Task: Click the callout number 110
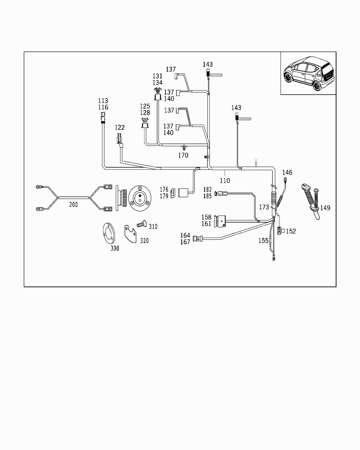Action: (x=225, y=180)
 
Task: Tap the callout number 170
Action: (x=183, y=155)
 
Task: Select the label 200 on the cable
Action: (x=73, y=204)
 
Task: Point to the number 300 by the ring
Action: (x=115, y=248)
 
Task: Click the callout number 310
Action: (x=153, y=227)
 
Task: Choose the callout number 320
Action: (x=144, y=240)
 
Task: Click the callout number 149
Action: (x=325, y=208)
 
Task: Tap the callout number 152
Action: (x=291, y=231)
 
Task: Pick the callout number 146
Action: (x=287, y=172)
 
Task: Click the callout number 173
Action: (x=264, y=207)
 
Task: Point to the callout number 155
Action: (x=263, y=240)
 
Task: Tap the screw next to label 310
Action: (x=141, y=224)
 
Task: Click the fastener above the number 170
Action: (x=183, y=147)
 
